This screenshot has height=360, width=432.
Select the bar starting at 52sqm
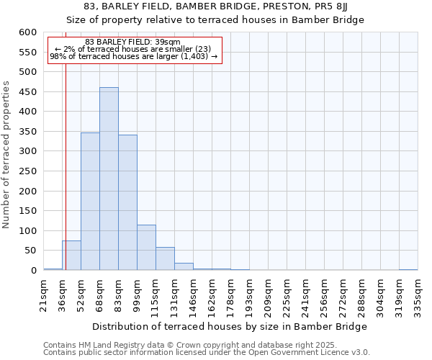[x=90, y=202]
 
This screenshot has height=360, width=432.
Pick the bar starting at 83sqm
[x=127, y=202]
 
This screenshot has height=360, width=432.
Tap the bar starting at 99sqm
[x=146, y=248]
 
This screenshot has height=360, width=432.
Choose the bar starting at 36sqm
[x=71, y=256]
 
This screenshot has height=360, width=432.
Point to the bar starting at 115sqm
[x=165, y=258]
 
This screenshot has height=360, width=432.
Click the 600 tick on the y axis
[x=27, y=32]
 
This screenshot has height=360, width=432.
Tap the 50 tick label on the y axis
[x=30, y=251]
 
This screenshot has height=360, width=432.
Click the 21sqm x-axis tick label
[x=44, y=294]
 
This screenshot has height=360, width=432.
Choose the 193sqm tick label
[x=250, y=295]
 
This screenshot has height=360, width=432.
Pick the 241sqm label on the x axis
[x=306, y=295]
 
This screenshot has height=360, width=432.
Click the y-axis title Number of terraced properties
[x=6, y=155]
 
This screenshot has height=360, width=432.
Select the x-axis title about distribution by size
[x=230, y=326]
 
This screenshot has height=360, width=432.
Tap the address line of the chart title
[x=216, y=7]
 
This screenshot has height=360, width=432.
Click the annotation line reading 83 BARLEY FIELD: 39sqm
[x=132, y=42]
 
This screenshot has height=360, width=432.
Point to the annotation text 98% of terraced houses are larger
[x=133, y=56]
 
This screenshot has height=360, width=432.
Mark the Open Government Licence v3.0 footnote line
[x=207, y=352]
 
